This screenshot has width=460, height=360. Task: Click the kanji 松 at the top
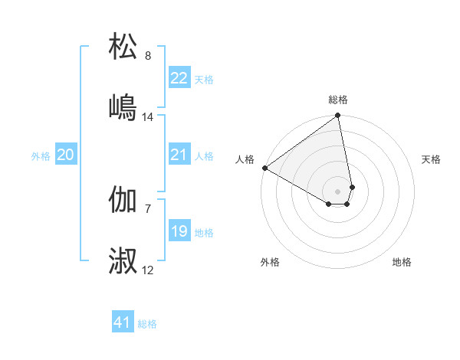[123, 47]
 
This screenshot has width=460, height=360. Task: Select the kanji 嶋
[123, 106]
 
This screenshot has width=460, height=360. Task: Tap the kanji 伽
[123, 201]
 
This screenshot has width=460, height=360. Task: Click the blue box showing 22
[179, 78]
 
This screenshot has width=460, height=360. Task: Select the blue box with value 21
[179, 155]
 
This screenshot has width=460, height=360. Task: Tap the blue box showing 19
[179, 231]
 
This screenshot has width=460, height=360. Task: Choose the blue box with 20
[66, 155]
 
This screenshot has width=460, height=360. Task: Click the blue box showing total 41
[123, 322]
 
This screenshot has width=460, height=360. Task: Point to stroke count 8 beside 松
[148, 56]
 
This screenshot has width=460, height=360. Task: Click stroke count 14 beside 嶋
[148, 117]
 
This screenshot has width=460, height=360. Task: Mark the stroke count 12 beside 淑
[148, 270]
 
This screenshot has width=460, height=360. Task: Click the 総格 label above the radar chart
[338, 100]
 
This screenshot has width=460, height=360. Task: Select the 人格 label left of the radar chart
[245, 159]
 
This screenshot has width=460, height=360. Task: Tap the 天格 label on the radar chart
[432, 159]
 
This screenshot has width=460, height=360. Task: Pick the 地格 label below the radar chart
[402, 262]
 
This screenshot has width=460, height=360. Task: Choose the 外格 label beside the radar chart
[270, 262]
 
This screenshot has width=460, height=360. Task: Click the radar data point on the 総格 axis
[338, 116]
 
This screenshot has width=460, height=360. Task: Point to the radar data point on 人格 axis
[264, 168]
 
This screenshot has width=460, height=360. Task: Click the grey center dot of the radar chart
[338, 190]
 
